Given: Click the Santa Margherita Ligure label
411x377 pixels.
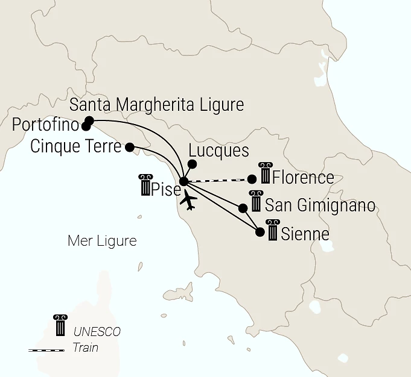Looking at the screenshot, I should click(x=157, y=105).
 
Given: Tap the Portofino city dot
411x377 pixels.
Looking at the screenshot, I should click(x=86, y=126).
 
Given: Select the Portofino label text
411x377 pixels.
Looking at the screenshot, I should click(x=46, y=126).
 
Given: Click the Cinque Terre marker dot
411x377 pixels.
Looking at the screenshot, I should click(x=129, y=146).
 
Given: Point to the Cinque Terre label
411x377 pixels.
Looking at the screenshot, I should click(x=75, y=146).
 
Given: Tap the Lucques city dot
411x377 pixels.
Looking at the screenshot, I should click(x=193, y=163).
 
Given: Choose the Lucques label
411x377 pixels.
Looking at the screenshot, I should click(x=219, y=151).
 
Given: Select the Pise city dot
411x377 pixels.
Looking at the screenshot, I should click(x=183, y=181).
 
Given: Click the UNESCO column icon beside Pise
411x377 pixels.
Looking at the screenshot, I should click(x=145, y=185).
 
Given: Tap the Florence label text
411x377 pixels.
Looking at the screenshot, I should click(x=303, y=178).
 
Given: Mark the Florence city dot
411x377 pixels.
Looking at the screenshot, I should click(x=252, y=179).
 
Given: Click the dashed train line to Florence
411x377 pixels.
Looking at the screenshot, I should click(x=217, y=180).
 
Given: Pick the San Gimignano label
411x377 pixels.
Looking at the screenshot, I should click(x=320, y=205).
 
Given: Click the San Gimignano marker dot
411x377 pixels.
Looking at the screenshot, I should click(x=243, y=208).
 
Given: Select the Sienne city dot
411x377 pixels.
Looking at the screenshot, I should click(x=260, y=231).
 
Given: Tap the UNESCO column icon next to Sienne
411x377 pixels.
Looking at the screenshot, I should click(x=273, y=230).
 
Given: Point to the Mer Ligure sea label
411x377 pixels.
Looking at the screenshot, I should click(x=102, y=241).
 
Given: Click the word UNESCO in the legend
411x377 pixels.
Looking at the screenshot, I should click(x=97, y=332).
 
